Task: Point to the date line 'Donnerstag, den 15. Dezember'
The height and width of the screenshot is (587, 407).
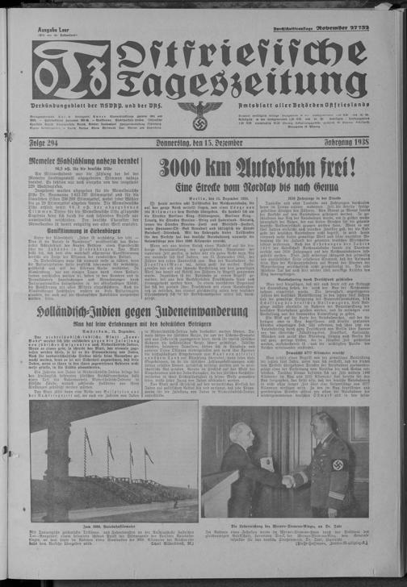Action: point(202,143)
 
